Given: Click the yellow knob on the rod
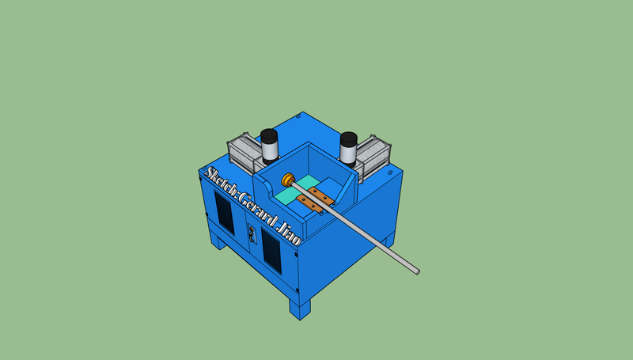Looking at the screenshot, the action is coord(288,180).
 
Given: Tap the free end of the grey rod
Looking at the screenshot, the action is coord(418,272).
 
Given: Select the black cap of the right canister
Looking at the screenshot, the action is coord(349,138).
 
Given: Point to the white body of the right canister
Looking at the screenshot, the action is coord(347,153).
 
